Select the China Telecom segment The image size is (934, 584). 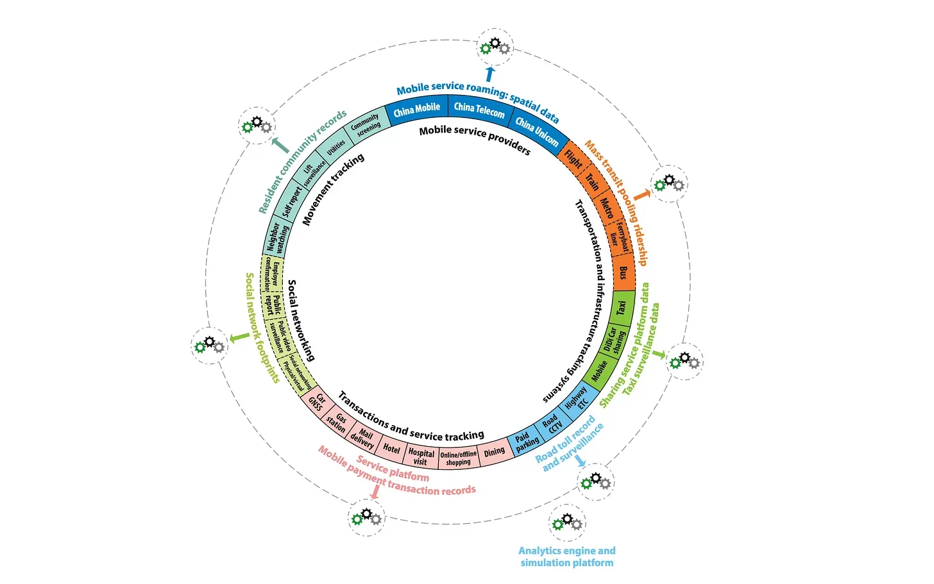tap(479, 110)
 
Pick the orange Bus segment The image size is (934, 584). tap(622, 272)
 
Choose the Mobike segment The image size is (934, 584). tap(599, 371)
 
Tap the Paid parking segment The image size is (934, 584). tap(527, 442)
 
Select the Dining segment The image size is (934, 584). tap(494, 453)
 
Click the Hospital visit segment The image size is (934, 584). tap(421, 456)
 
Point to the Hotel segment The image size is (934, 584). tap(391, 449)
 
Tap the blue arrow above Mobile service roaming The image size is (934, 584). tap(490, 73)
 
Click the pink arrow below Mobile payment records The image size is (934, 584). tap(375, 491)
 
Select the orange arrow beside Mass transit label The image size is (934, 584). tap(641, 194)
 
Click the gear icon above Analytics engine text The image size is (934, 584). tap(567, 522)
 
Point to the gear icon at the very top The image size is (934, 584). tap(495, 46)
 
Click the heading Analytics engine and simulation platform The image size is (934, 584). tap(567, 556)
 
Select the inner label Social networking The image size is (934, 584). tap(301, 320)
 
